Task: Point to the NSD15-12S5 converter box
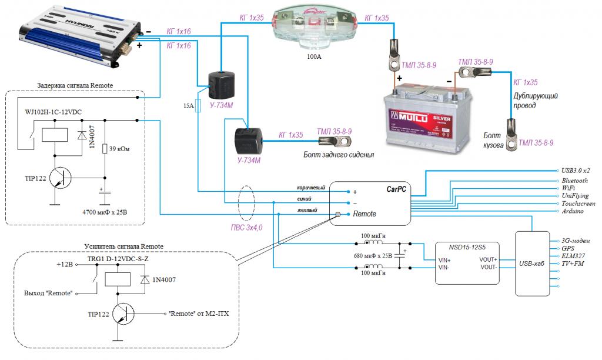(466, 263)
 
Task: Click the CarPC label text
(395, 190)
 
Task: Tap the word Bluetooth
(574, 181)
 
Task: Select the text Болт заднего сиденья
(339, 155)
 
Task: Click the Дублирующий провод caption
(536, 100)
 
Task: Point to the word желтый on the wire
(307, 210)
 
